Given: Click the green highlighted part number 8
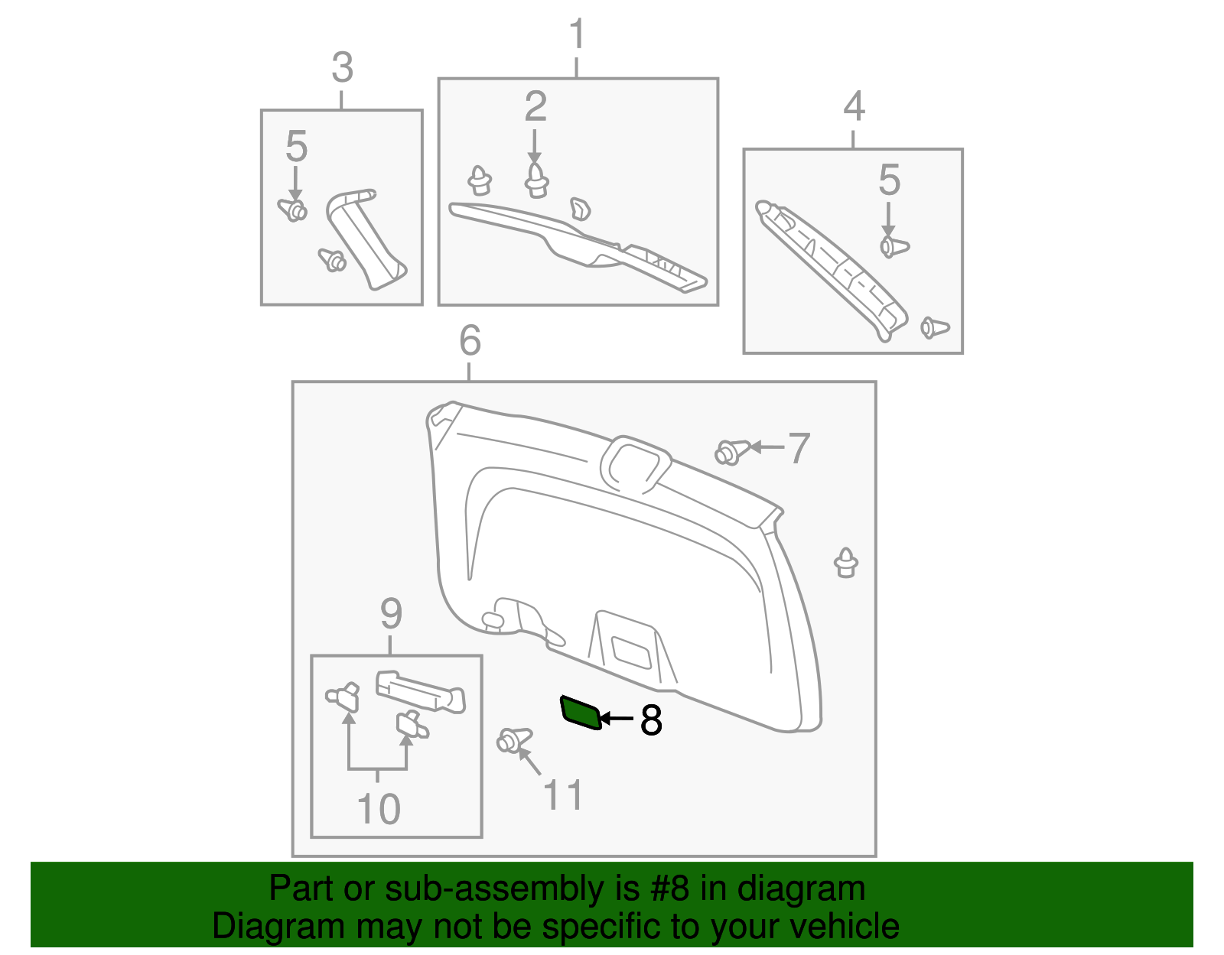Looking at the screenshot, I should (x=581, y=713).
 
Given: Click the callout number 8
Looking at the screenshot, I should (x=651, y=720).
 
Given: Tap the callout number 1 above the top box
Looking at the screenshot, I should (x=577, y=35).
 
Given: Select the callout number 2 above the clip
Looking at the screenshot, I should (x=535, y=106).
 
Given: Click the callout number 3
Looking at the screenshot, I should (x=342, y=67).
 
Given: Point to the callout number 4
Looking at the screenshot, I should (x=854, y=106).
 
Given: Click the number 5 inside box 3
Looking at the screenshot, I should (x=296, y=146).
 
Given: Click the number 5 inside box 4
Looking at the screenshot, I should (x=889, y=180).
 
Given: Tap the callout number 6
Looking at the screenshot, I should (x=470, y=340).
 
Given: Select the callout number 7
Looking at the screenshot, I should (x=799, y=448).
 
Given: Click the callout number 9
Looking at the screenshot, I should (x=391, y=613).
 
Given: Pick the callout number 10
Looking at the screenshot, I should (x=379, y=809).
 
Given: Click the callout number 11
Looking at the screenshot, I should (x=563, y=795).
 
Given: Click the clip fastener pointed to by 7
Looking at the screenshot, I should (x=731, y=451).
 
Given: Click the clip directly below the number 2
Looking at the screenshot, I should (x=536, y=180).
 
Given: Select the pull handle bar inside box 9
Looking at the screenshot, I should (x=419, y=690).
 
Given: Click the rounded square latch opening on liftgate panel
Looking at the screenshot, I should (x=634, y=462).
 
